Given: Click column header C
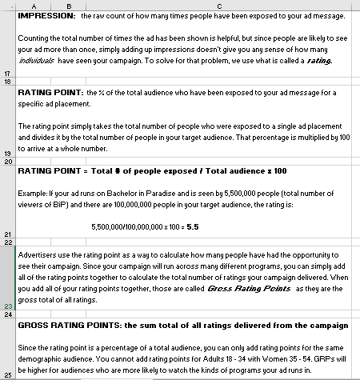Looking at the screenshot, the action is click(x=216, y=6).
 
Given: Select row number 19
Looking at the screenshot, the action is click(x=7, y=152).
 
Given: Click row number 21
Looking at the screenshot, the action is click(x=7, y=234).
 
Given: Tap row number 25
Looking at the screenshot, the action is click(x=7, y=375).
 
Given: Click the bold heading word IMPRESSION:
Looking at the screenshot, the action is click(x=47, y=15).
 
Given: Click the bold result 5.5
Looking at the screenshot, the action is click(x=192, y=226).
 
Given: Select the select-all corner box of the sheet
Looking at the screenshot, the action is click(x=7, y=6).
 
